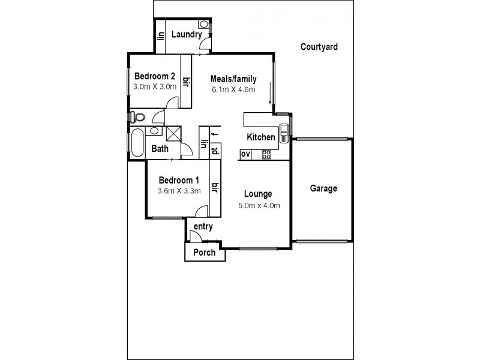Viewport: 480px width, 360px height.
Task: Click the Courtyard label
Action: click(x=319, y=46)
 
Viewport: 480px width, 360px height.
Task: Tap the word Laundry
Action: click(x=186, y=34)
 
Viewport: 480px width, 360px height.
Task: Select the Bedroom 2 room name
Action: click(x=154, y=76)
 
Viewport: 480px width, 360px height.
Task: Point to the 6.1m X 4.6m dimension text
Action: click(x=233, y=90)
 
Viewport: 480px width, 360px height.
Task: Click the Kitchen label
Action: click(x=261, y=137)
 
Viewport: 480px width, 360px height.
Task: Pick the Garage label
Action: click(x=323, y=188)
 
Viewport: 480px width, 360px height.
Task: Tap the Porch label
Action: click(x=205, y=253)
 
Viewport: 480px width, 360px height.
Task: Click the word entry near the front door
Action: click(x=203, y=226)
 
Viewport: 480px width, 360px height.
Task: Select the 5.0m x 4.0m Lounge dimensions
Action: click(x=259, y=206)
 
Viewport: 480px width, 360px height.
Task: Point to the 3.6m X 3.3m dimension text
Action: click(x=178, y=192)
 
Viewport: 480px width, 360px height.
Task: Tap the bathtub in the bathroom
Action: click(x=137, y=143)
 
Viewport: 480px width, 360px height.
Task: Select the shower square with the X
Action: click(x=173, y=133)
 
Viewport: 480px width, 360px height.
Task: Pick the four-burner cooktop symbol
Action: click(x=266, y=155)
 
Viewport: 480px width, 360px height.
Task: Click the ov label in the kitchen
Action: click(x=245, y=155)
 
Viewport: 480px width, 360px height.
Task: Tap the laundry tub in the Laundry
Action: click(x=203, y=25)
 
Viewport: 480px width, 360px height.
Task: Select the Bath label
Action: click(x=160, y=149)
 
